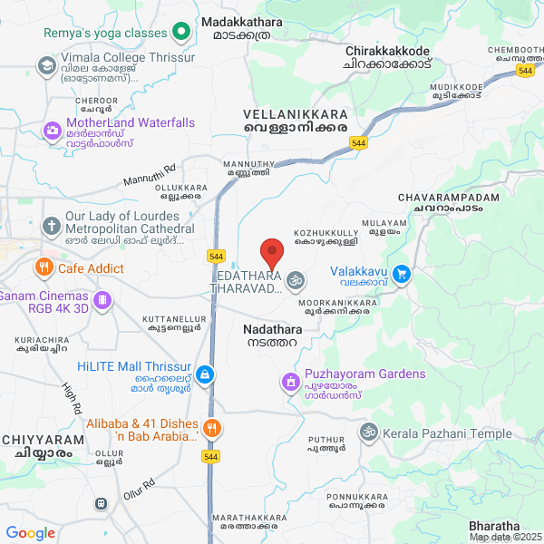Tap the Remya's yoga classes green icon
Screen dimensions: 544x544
coord(180,33)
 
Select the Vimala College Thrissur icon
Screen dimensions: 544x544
coord(46,65)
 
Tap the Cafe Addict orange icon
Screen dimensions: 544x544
coord(43,267)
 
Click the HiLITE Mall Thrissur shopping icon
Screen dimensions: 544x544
coord(206,374)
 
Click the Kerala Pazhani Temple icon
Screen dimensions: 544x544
coord(367,432)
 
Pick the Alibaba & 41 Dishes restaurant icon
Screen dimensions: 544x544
coord(211,430)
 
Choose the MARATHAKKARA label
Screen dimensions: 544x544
coord(245,520)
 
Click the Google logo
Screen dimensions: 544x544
coord(30,532)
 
